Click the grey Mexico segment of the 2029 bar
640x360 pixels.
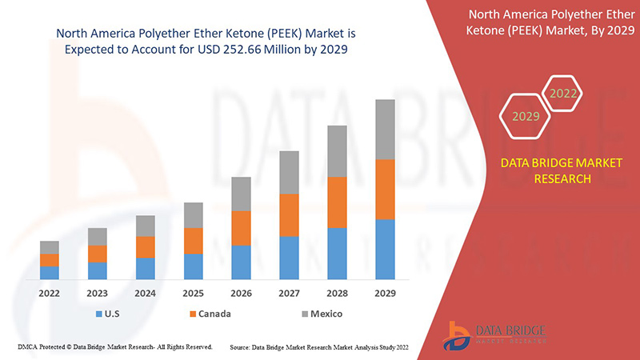pos(385,129)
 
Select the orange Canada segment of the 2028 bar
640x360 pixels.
pos(337,202)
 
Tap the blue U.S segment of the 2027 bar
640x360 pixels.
pos(289,258)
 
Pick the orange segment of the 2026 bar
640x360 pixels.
pos(241,228)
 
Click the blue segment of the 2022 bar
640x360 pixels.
pos(50,273)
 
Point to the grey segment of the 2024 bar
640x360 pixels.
pos(145,226)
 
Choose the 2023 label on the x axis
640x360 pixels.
pos(98,293)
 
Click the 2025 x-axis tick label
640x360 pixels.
pos(193,293)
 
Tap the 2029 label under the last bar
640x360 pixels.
pos(385,293)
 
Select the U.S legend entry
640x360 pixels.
pos(111,314)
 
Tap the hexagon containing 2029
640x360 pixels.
pos(526,116)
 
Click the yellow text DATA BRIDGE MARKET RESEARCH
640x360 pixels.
pos(549,171)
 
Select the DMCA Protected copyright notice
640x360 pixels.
pos(114,347)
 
